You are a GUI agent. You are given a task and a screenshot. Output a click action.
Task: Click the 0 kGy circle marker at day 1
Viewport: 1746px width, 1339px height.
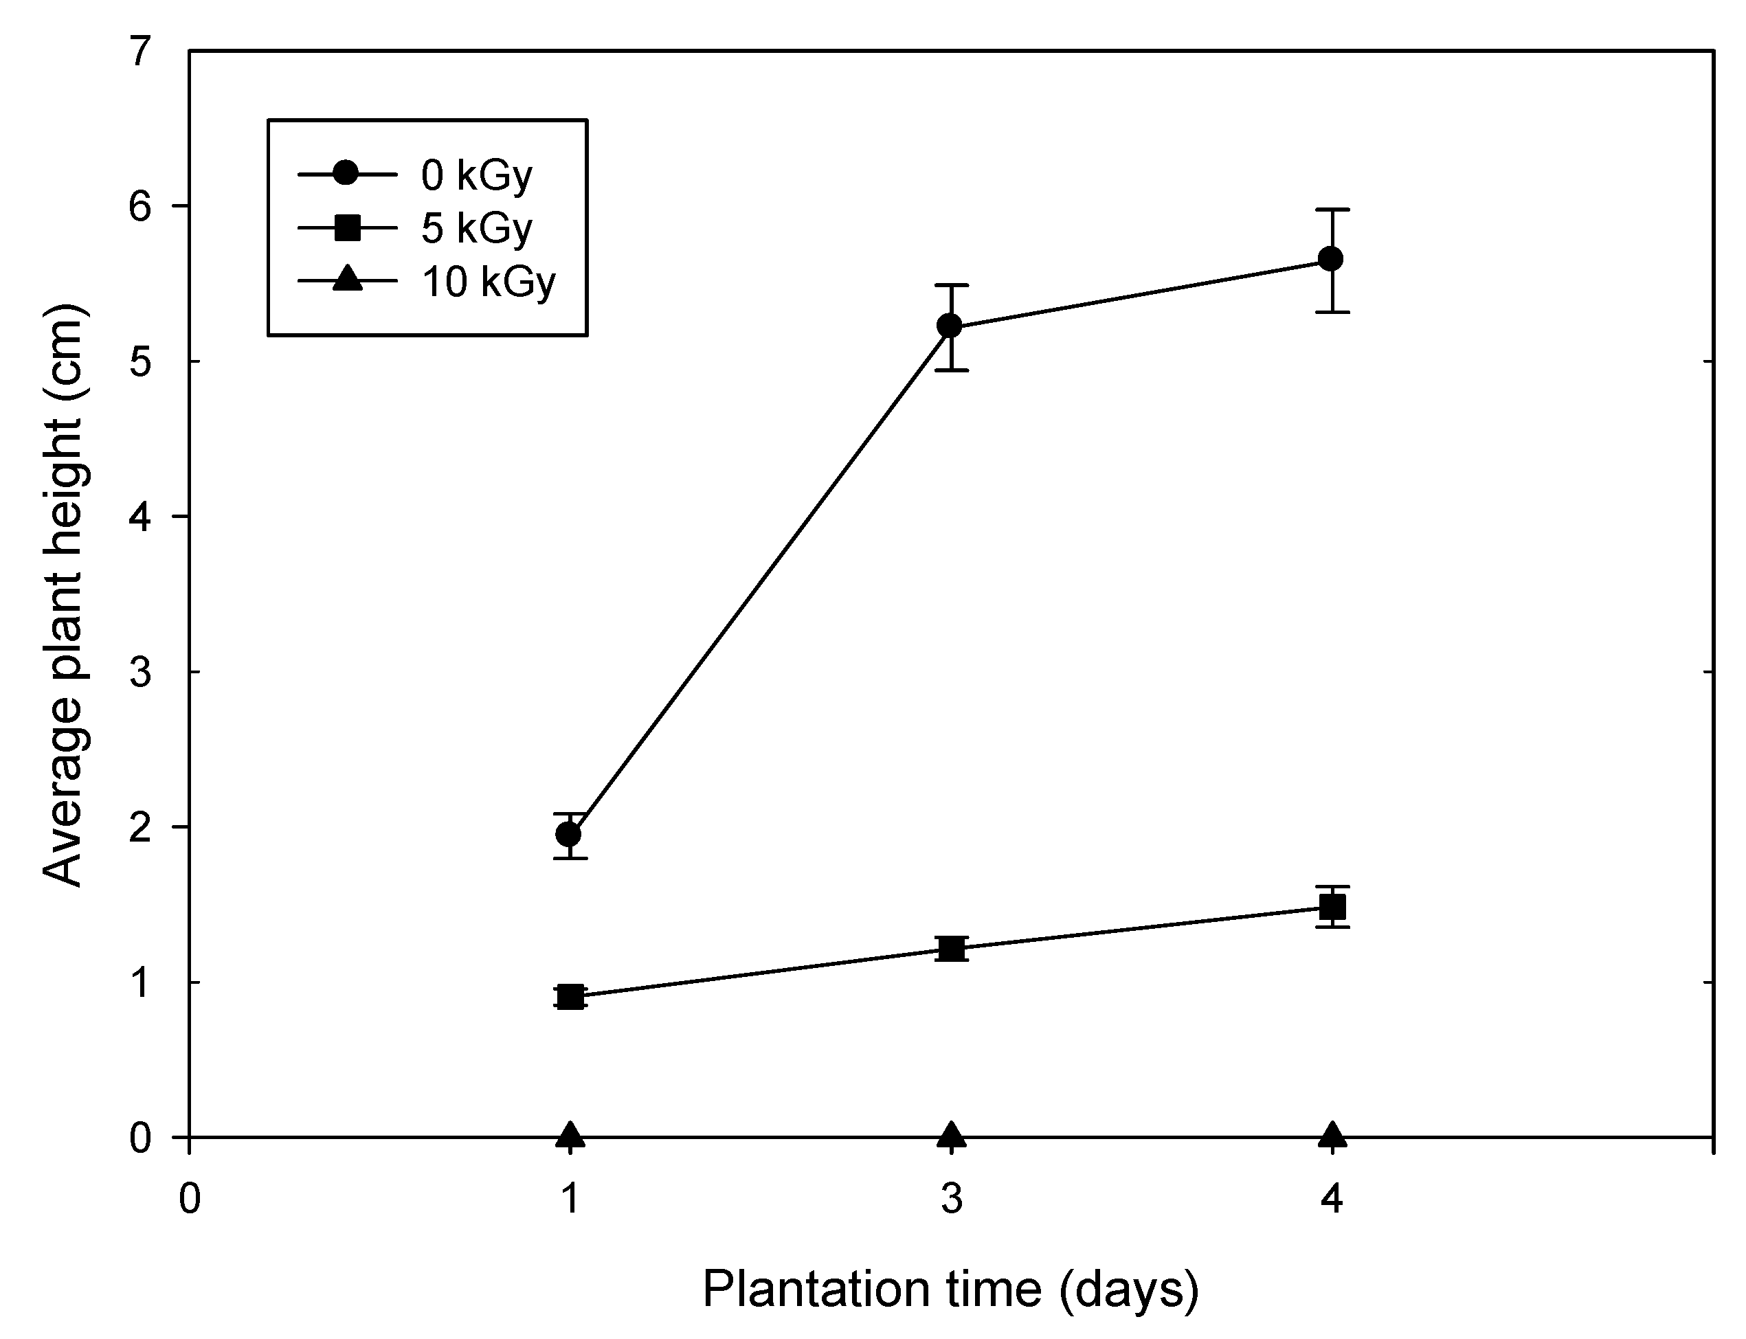pyautogui.click(x=568, y=835)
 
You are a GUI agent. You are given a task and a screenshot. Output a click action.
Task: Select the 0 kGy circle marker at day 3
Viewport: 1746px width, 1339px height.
pyautogui.click(x=950, y=326)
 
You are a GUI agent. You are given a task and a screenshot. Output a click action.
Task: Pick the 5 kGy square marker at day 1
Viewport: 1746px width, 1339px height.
pyautogui.click(x=570, y=996)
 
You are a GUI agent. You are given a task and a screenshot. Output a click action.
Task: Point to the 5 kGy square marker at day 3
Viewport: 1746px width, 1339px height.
pyautogui.click(x=951, y=949)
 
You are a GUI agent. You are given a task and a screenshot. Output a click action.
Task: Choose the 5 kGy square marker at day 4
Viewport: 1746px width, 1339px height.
pyautogui.click(x=1332, y=907)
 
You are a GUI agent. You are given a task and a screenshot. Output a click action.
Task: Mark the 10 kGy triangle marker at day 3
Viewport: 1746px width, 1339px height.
pyautogui.click(x=951, y=1135)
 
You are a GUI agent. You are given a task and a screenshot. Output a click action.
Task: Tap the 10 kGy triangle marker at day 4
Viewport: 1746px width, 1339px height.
pyautogui.click(x=1332, y=1135)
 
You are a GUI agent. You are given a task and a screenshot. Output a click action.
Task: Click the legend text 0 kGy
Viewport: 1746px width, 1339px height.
pyautogui.click(x=476, y=175)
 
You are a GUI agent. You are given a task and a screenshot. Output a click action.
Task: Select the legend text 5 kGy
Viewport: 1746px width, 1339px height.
pyautogui.click(x=476, y=229)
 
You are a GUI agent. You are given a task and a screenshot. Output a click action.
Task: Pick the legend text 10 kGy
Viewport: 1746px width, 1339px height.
pyautogui.click(x=488, y=282)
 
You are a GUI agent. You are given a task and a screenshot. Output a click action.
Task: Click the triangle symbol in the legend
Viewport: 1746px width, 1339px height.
pyautogui.click(x=347, y=280)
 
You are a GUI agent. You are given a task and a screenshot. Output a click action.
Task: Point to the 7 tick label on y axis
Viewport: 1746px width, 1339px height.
pyautogui.click(x=140, y=53)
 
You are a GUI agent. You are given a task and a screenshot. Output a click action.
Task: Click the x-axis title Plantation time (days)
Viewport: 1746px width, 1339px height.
pyautogui.click(x=950, y=1289)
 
